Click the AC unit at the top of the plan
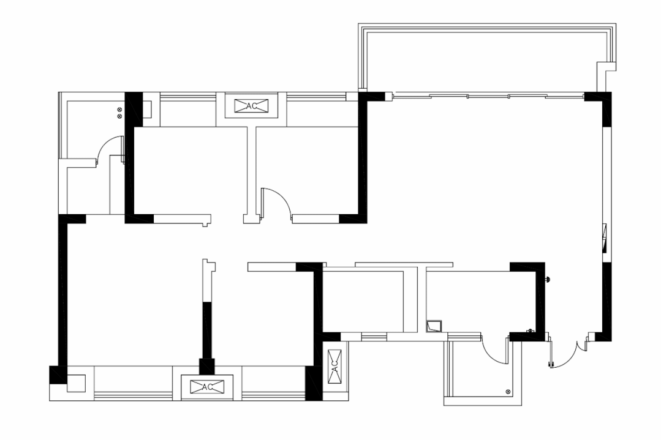[x=251, y=106]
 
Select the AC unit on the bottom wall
[x=207, y=387]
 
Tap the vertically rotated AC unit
[x=334, y=367]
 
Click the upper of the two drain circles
[x=119, y=110]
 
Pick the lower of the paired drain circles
[x=119, y=116]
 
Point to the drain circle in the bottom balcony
[x=508, y=392]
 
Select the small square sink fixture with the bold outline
[x=434, y=326]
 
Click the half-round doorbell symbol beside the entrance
[x=548, y=278]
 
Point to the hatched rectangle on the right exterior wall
[x=605, y=238]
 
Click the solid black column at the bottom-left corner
[x=58, y=375]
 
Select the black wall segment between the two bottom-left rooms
[x=206, y=330]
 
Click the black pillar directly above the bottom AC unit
[x=206, y=367]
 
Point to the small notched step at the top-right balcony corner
[x=606, y=67]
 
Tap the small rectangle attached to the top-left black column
[x=147, y=110]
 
